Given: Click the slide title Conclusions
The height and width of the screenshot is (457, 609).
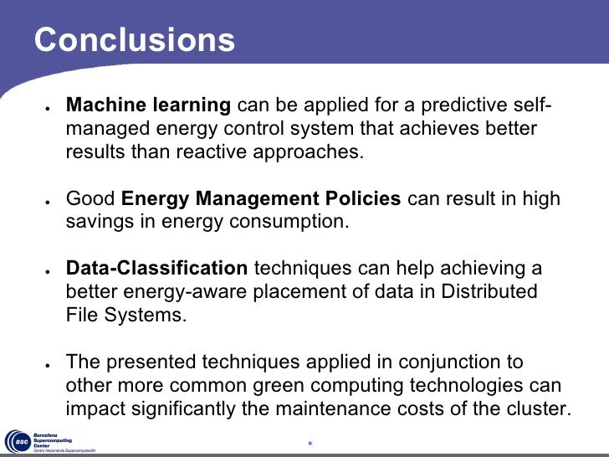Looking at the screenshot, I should tap(135, 40).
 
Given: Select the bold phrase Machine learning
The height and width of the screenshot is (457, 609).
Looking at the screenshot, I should tap(148, 106).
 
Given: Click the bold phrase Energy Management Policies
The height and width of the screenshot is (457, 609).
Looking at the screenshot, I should tap(262, 200).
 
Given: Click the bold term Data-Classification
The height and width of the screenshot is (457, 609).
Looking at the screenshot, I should tap(156, 269).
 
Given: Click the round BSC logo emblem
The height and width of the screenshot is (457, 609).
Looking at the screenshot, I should tap(18, 442).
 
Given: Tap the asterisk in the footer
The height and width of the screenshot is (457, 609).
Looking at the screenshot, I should tap(309, 443).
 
